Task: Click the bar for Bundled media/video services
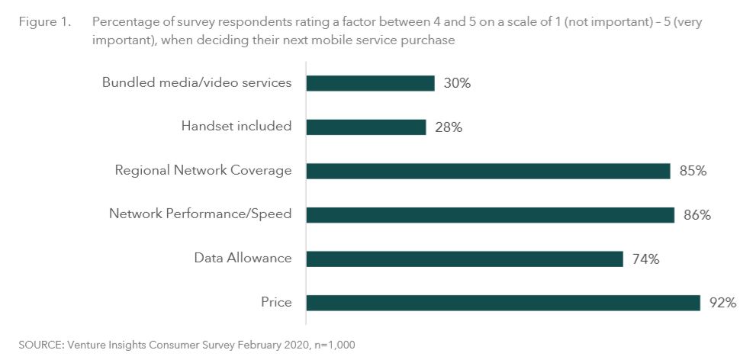370,83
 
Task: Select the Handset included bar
365,127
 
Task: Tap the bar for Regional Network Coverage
487,171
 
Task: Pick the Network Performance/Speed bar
490,215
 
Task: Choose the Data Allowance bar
464,259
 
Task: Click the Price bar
503,303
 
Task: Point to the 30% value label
457,83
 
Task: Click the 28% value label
449,127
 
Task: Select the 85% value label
693,171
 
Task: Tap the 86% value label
696,215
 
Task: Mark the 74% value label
645,259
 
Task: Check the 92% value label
722,303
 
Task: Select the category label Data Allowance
243,258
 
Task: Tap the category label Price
276,303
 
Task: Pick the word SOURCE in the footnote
40,345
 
